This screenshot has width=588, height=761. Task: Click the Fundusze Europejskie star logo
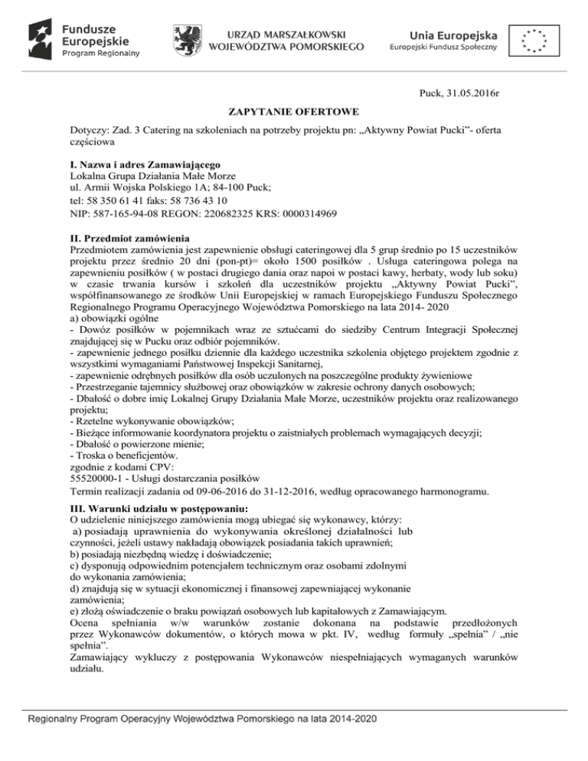click(41, 36)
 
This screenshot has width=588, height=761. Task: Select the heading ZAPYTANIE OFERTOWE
click(293, 112)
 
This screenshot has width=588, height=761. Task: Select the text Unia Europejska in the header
click(453, 34)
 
